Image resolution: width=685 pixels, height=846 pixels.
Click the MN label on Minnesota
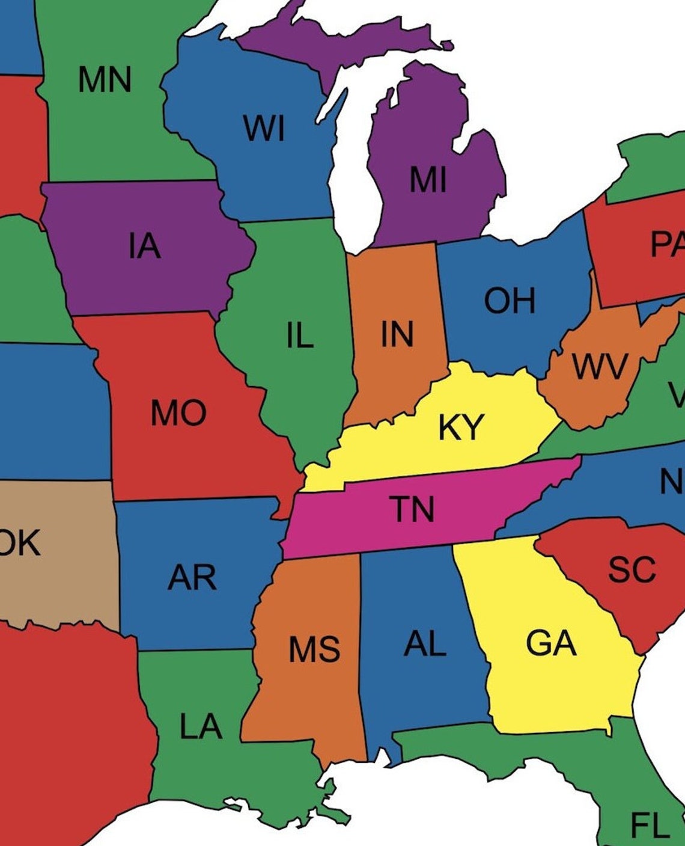tap(105, 79)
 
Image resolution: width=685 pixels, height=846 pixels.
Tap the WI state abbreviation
tap(264, 129)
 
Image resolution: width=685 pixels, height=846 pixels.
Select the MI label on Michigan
tap(428, 179)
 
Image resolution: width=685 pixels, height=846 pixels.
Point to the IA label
tap(144, 246)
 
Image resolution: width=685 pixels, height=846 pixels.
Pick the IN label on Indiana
tap(397, 334)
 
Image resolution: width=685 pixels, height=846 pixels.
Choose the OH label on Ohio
tap(510, 300)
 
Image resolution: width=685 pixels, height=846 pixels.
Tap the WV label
tap(600, 366)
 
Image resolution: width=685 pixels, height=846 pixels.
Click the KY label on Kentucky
tap(461, 427)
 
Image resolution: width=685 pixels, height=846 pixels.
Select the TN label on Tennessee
tap(413, 509)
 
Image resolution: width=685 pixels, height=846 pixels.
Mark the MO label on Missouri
tap(178, 413)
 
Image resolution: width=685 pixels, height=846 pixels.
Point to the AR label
tap(192, 577)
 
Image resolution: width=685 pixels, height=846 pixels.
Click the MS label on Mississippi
tap(314, 649)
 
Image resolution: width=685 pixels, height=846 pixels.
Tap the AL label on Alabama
tap(425, 644)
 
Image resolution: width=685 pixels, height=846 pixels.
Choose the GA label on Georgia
tap(551, 643)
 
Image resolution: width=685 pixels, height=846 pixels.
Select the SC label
tap(631, 569)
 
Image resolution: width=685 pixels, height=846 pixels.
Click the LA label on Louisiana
tap(201, 726)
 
